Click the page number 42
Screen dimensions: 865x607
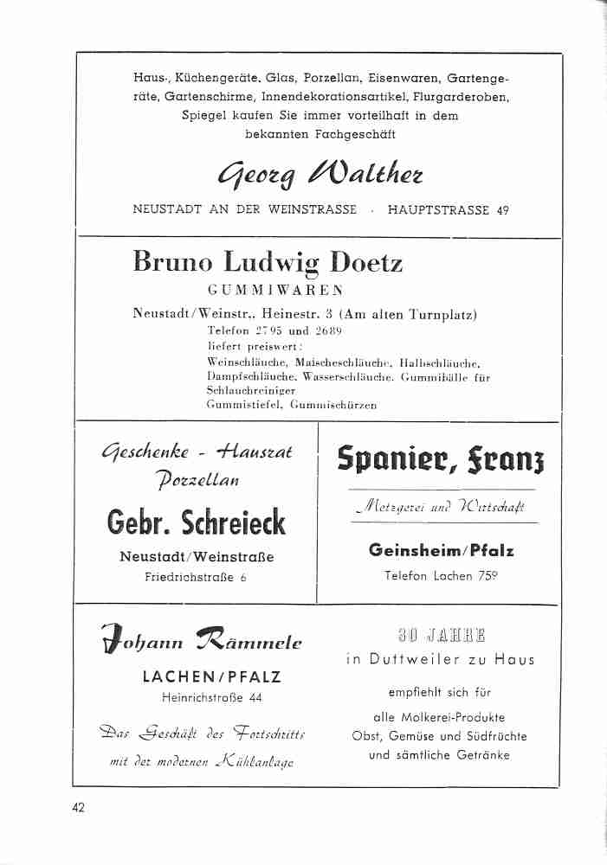[x=79, y=808]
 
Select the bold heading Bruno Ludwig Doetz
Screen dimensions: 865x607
[x=268, y=261]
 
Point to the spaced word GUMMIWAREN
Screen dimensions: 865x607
[x=276, y=290]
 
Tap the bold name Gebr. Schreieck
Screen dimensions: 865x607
[x=196, y=522]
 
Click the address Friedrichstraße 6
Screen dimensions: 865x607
[x=196, y=576]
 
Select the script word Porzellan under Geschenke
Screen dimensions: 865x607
[x=197, y=479]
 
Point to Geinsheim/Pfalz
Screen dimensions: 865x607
[x=441, y=550]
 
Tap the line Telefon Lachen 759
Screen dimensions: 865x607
[x=441, y=575]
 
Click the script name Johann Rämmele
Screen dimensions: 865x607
[x=201, y=642]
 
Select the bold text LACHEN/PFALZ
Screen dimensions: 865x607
[x=212, y=676]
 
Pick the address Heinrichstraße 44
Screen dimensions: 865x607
[x=212, y=697]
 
